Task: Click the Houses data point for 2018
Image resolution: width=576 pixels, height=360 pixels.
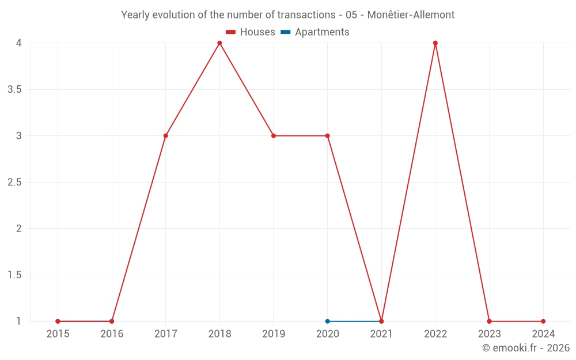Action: [219, 43]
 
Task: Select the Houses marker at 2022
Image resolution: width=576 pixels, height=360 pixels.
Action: [435, 43]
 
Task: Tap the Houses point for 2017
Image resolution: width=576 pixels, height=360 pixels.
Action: [165, 136]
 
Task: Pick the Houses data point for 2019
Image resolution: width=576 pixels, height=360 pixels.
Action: [274, 136]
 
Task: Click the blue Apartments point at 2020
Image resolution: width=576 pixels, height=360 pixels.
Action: [327, 321]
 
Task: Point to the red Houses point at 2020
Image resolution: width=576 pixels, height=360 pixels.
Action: [327, 136]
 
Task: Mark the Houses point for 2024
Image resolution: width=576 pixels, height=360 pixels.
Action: [543, 321]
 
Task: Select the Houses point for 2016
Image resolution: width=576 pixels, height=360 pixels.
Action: [112, 321]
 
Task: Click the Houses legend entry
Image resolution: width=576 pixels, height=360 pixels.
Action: [251, 32]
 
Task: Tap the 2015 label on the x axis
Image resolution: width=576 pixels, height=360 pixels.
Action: [58, 334]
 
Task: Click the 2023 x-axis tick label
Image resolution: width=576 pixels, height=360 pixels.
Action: [489, 334]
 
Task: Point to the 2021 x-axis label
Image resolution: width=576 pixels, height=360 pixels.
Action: [381, 334]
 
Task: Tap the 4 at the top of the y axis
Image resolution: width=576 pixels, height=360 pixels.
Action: [18, 43]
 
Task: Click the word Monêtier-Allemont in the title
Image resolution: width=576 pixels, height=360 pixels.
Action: [411, 15]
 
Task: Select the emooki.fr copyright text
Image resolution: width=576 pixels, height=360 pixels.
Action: [526, 348]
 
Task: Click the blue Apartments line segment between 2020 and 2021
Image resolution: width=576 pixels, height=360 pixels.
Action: [354, 321]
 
